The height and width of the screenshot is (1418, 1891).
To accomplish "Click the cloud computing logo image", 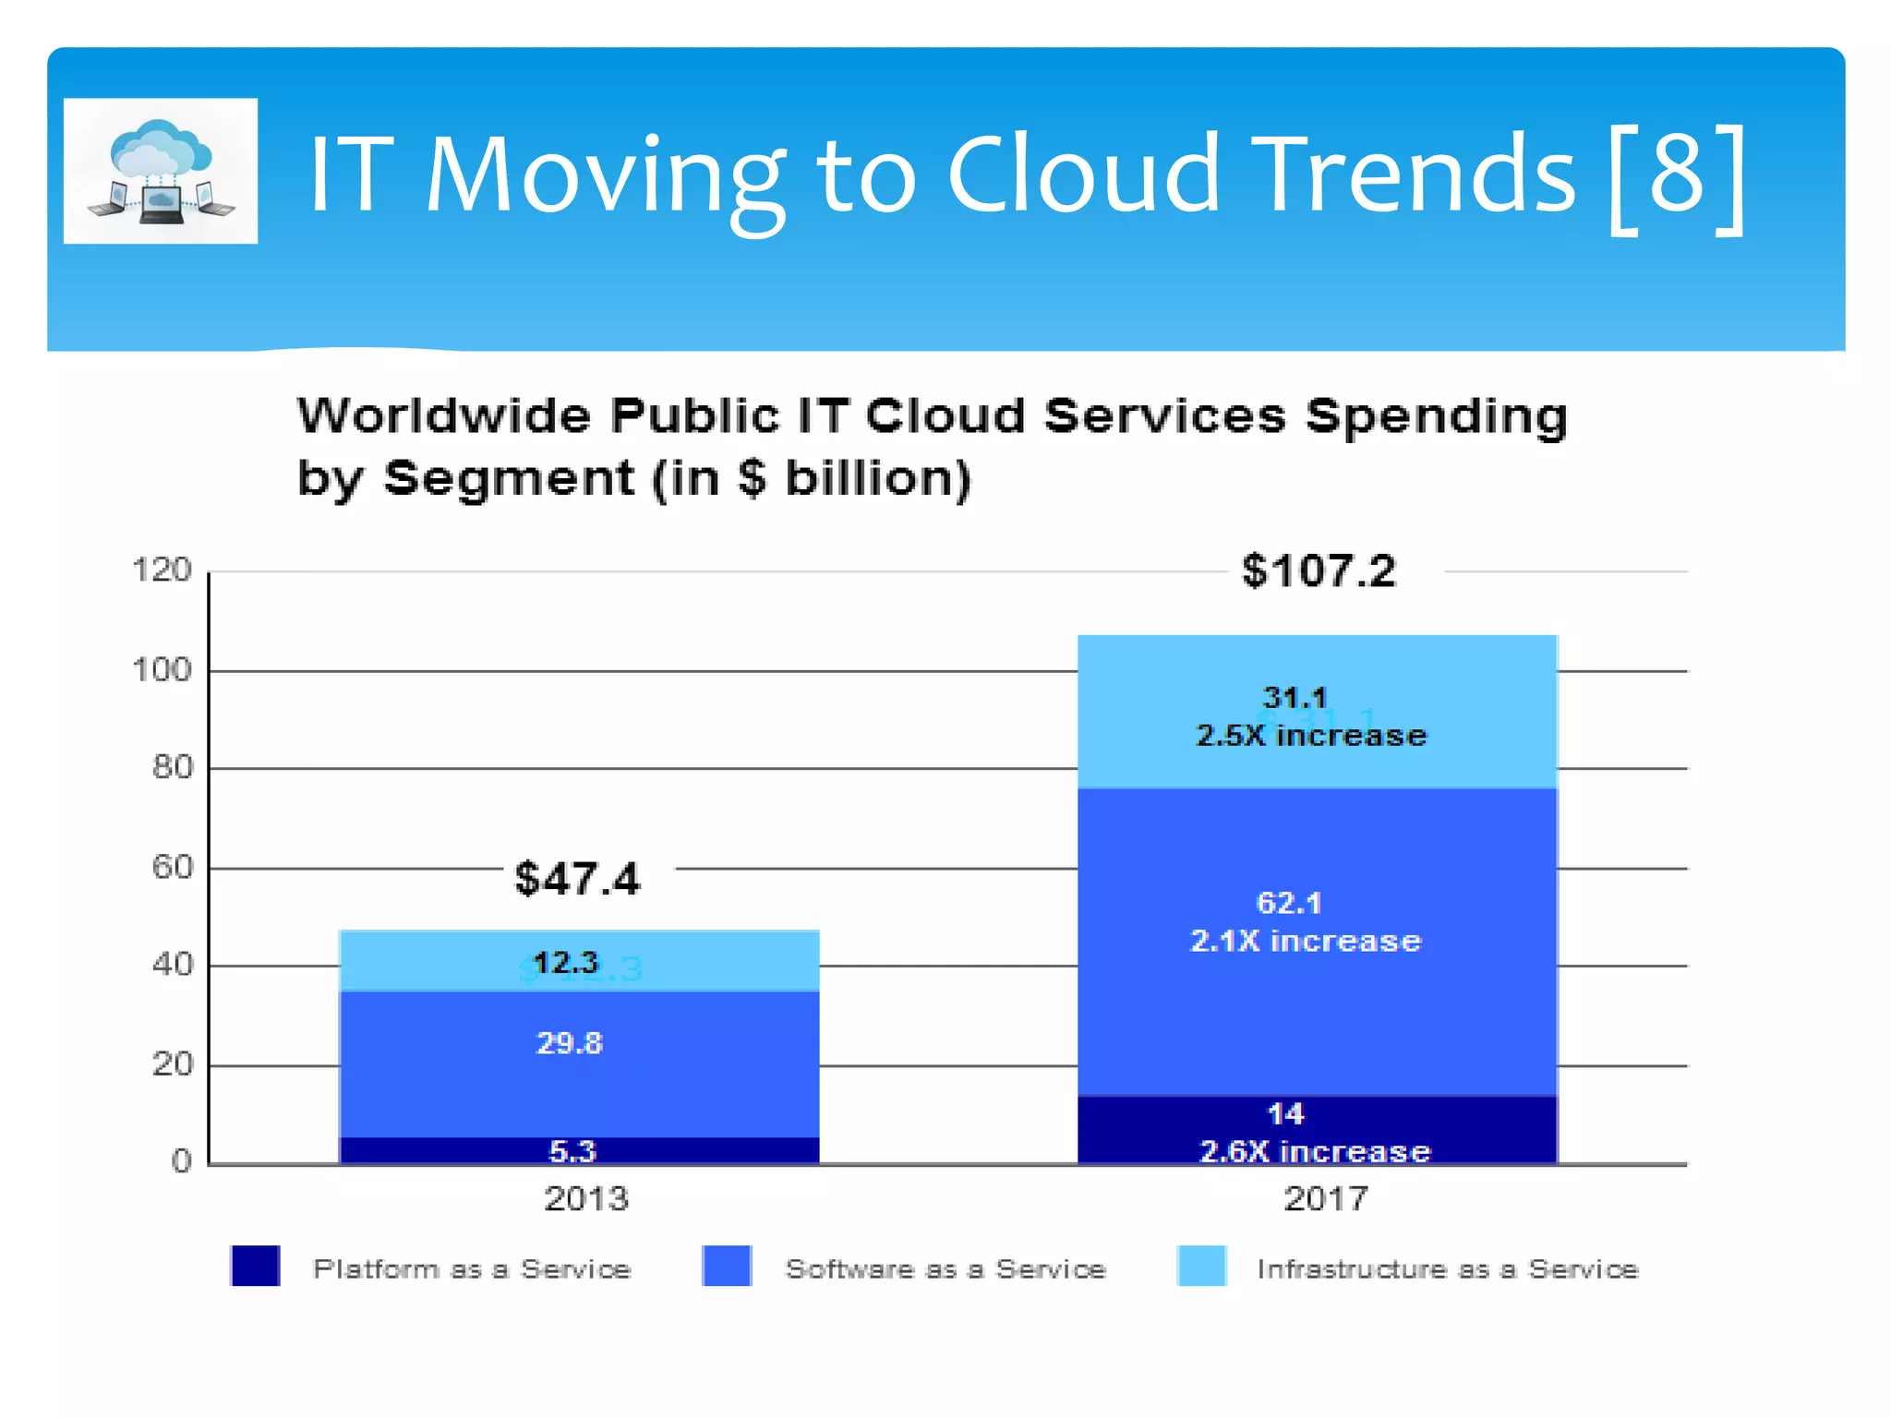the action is click(x=161, y=172).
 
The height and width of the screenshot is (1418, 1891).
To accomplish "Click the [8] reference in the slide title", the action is click(x=1677, y=175).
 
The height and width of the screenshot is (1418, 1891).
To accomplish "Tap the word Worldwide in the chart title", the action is click(x=443, y=415).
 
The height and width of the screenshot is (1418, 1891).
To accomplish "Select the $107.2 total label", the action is click(x=1319, y=571).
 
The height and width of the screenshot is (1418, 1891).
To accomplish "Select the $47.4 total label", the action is click(x=577, y=878).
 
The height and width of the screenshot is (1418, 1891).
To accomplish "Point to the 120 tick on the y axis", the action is click(x=162, y=570).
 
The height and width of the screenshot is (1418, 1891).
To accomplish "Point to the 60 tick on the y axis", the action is click(x=173, y=867).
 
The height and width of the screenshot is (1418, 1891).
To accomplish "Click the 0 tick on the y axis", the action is click(x=182, y=1161).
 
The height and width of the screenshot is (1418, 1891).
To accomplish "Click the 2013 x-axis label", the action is click(x=586, y=1198).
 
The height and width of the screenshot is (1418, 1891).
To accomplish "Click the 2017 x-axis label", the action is click(x=1326, y=1198).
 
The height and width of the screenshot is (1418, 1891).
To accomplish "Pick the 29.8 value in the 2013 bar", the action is click(x=570, y=1043).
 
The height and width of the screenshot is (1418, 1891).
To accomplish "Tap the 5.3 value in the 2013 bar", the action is click(x=572, y=1151).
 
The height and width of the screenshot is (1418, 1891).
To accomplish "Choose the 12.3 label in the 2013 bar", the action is click(x=566, y=963).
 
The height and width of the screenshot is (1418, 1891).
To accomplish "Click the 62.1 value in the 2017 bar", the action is click(x=1289, y=903).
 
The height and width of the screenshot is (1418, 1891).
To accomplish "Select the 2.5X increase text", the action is click(x=1311, y=736).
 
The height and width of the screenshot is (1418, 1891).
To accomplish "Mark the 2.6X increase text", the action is click(x=1315, y=1151).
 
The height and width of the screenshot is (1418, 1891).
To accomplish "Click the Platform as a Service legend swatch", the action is click(x=256, y=1266).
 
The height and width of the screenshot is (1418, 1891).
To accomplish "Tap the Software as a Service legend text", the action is click(x=945, y=1269).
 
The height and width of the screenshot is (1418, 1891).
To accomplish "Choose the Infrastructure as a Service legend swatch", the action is click(x=1201, y=1266).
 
